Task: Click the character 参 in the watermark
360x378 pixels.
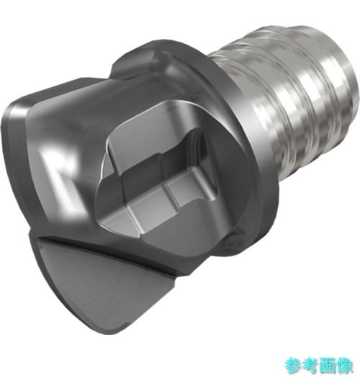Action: pyautogui.click(x=293, y=366)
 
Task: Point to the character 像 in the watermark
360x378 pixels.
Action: pyautogui.click(x=344, y=366)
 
